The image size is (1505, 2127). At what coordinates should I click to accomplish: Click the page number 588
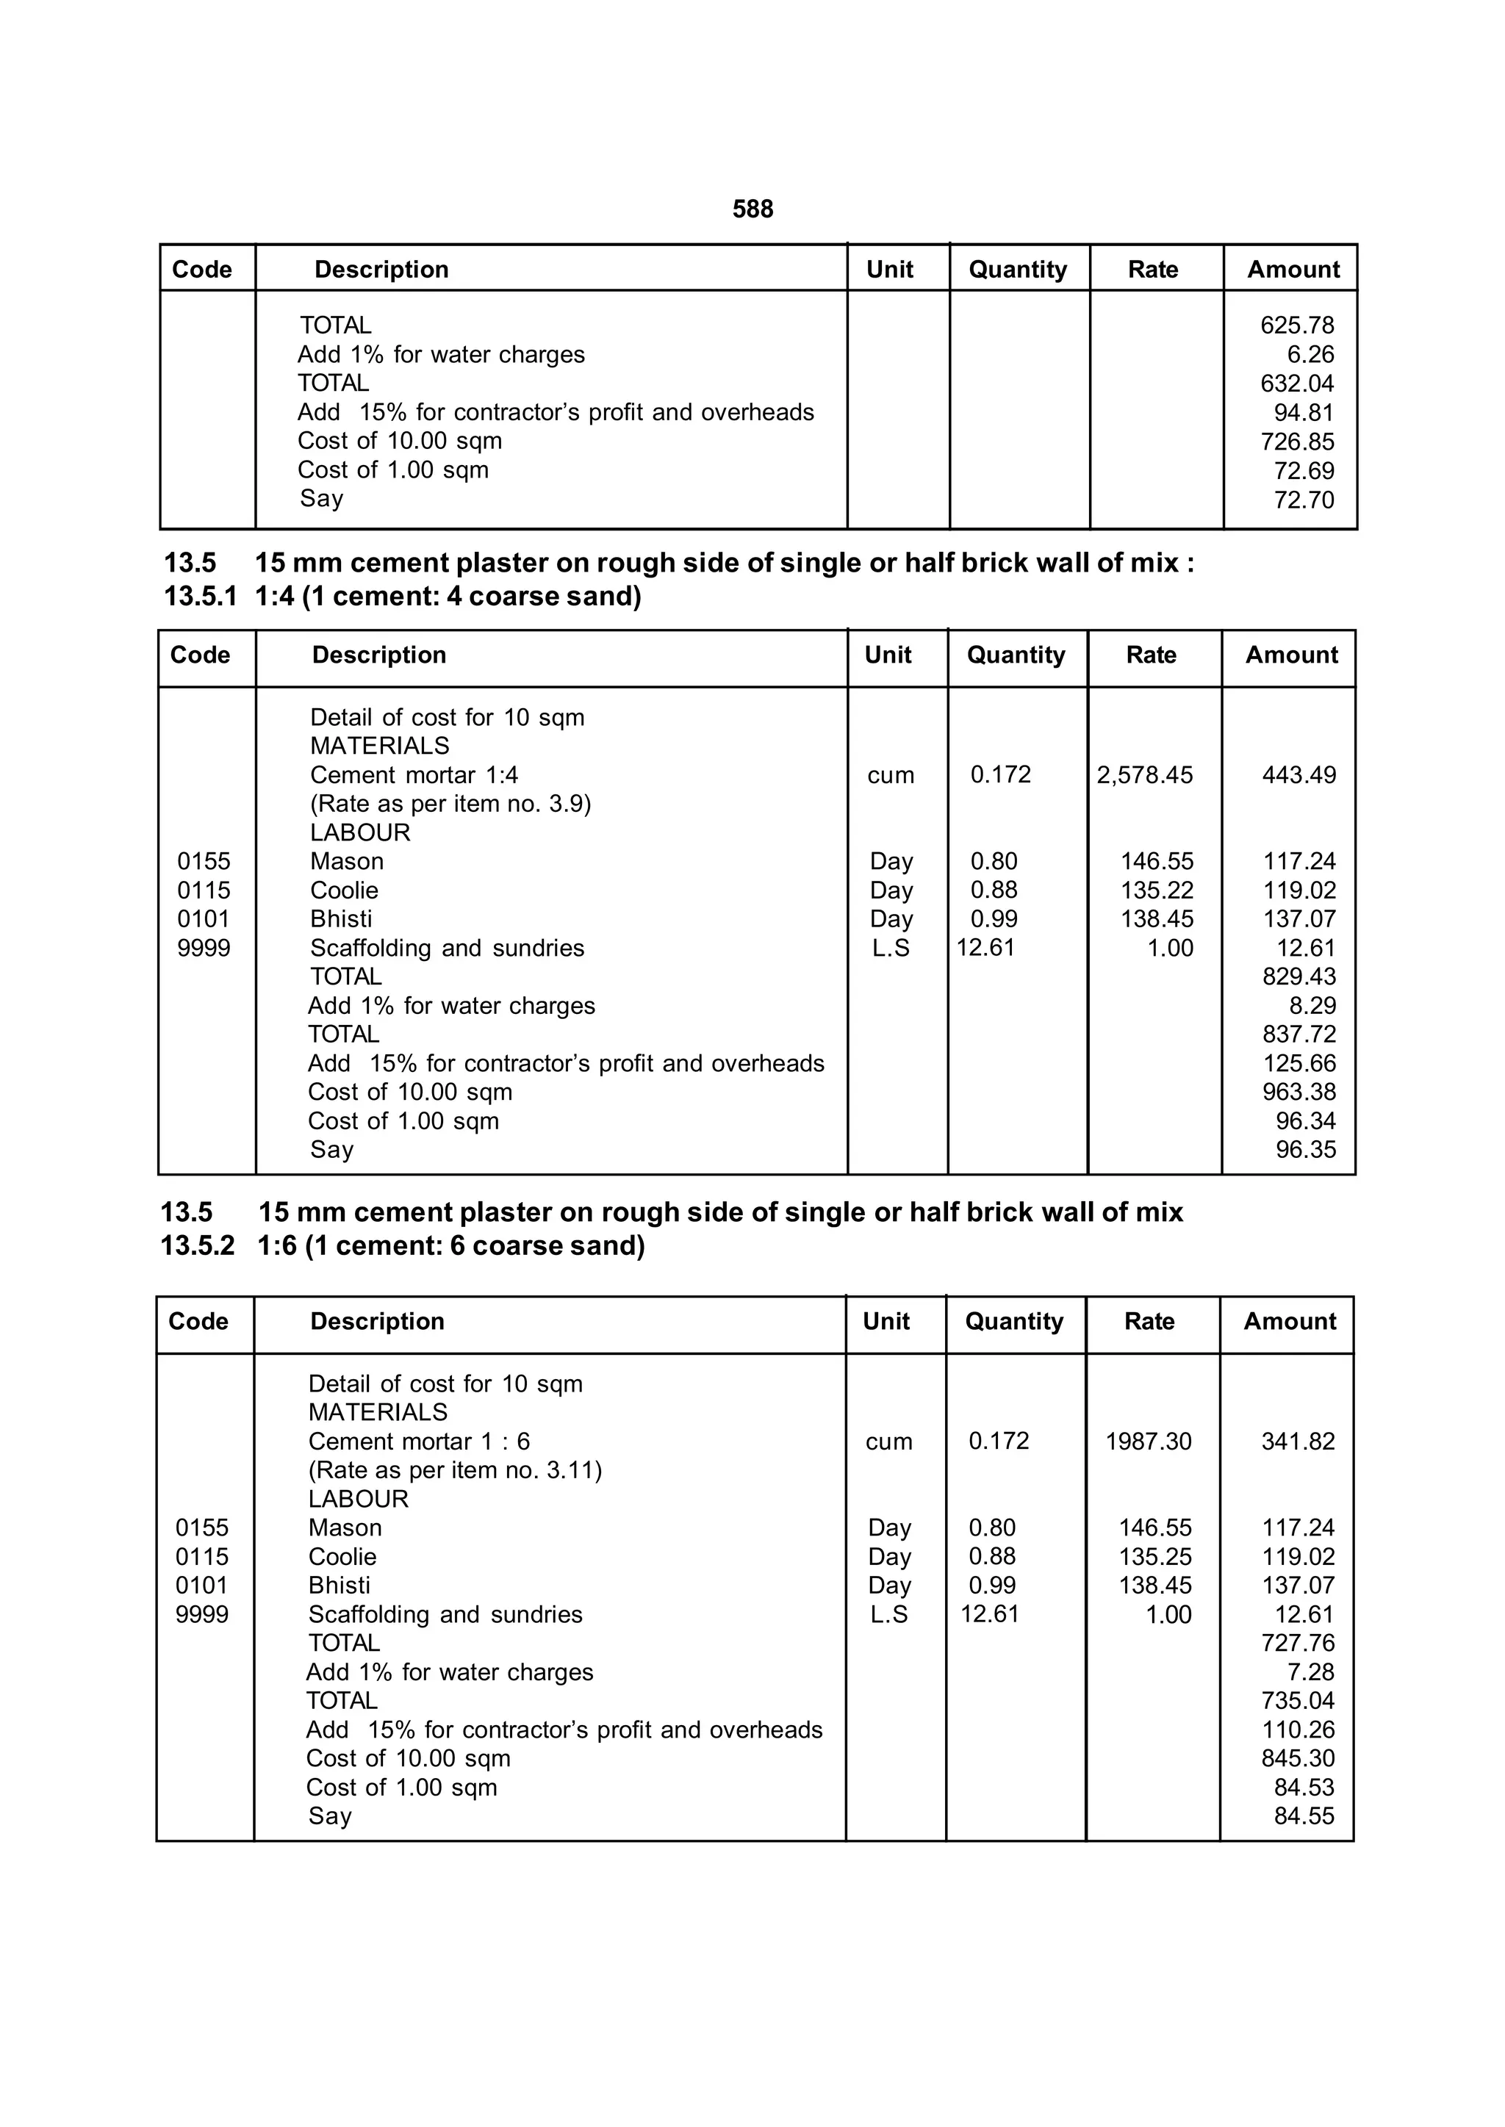[752, 209]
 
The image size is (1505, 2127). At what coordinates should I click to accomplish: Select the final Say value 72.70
[1303, 500]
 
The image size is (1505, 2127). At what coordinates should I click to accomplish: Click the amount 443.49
[1299, 774]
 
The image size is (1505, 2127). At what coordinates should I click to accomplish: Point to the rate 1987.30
[1147, 1441]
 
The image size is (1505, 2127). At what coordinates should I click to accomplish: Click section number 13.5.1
[199, 597]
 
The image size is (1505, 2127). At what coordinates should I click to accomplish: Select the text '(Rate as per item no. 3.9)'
[450, 803]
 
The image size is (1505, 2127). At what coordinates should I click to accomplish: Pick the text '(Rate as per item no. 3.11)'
[454, 1469]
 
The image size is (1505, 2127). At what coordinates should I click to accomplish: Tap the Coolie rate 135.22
[1157, 890]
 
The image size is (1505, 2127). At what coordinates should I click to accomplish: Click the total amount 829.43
[1299, 976]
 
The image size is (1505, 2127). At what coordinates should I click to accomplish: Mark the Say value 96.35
[1305, 1150]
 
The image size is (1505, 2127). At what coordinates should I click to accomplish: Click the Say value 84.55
[1303, 1815]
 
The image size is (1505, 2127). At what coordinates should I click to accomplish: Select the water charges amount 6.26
[1310, 355]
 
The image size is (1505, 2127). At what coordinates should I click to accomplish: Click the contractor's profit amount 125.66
[1299, 1064]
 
